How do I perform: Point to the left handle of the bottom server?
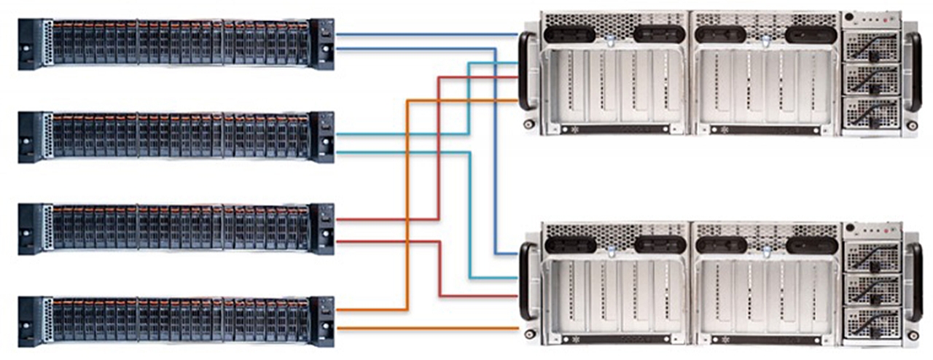point(526,281)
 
